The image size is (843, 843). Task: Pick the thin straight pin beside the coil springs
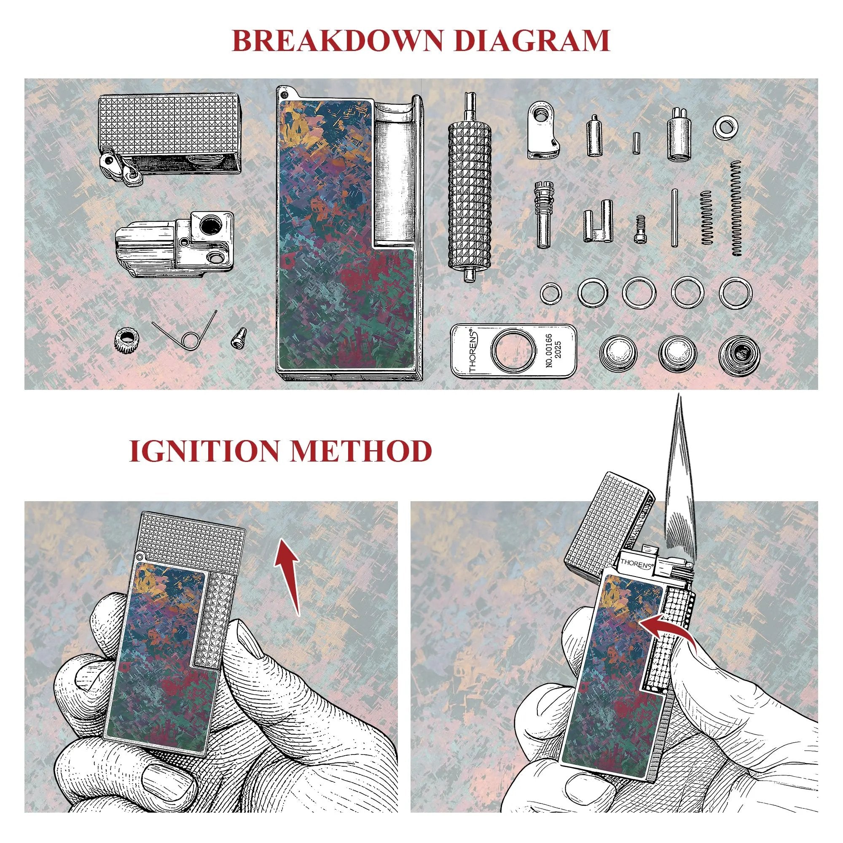[675, 217]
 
